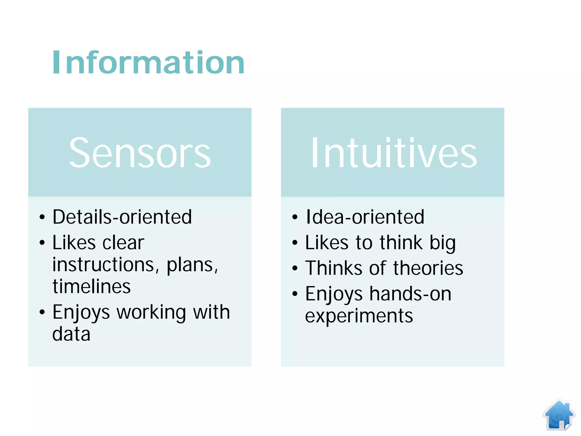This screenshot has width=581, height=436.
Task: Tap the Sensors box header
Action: click(x=140, y=152)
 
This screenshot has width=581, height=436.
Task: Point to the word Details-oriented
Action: click(x=122, y=217)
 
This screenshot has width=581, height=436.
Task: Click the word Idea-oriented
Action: click(x=365, y=217)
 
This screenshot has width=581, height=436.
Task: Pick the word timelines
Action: click(x=91, y=286)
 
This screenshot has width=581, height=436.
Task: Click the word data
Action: click(x=71, y=334)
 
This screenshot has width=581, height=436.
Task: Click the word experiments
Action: click(x=359, y=316)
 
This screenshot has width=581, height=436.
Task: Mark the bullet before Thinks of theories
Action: click(x=295, y=268)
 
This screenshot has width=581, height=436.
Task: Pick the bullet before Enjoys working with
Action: click(x=42, y=312)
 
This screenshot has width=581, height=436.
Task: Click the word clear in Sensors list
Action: click(x=123, y=243)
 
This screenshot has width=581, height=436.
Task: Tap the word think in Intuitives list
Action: click(x=401, y=243)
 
